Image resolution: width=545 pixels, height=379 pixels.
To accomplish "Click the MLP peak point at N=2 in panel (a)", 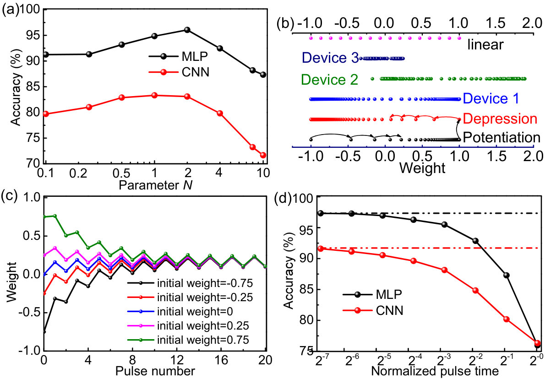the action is click(x=187, y=30).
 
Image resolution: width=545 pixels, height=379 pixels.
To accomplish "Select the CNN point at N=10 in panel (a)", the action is click(x=263, y=155).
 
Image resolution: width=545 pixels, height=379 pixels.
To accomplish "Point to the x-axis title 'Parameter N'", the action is click(x=156, y=185).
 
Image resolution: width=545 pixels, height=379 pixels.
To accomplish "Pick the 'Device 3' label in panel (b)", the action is click(x=330, y=58).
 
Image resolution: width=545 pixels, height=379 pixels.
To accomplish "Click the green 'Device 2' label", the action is click(x=329, y=80).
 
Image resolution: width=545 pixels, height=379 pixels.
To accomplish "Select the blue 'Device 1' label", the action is click(x=491, y=99).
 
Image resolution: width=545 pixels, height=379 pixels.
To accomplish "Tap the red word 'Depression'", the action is click(x=500, y=119).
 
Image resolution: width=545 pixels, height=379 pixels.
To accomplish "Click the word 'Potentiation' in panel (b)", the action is click(x=501, y=138).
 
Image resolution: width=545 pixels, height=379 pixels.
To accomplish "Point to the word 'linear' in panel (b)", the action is click(x=485, y=44).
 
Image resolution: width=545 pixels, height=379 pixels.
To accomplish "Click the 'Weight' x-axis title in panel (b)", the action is click(x=422, y=168).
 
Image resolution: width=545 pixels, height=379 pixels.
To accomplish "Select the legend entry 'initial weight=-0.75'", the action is click(x=190, y=283).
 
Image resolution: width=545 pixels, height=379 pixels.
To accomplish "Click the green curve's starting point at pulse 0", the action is click(x=44, y=217).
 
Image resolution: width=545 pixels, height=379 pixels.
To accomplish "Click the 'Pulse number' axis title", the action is click(x=155, y=371).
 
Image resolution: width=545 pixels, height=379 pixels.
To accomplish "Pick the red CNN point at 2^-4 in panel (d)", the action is click(x=414, y=261).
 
